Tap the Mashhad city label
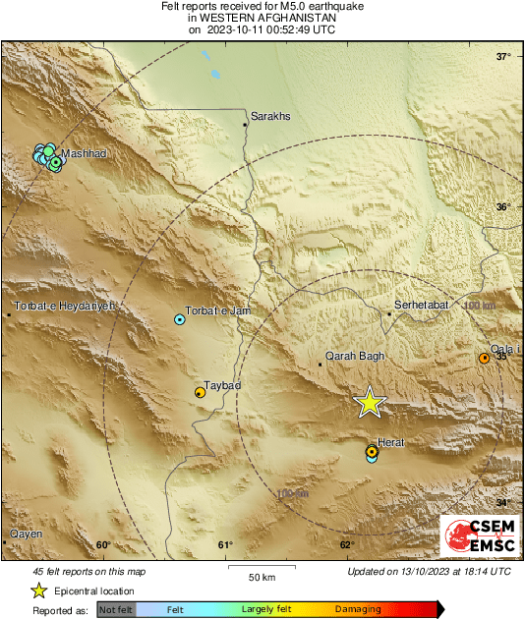pyautogui.click(x=84, y=153)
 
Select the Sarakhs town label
pyautogui.click(x=271, y=116)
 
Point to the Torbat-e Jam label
pyautogui.click(x=219, y=310)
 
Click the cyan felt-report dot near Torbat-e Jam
pyautogui.click(x=179, y=319)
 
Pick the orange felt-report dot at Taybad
pyautogui.click(x=200, y=393)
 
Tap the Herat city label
pyautogui.click(x=390, y=443)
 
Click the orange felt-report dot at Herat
pyautogui.click(x=371, y=452)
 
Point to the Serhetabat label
pyautogui.click(x=421, y=306)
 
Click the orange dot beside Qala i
pyautogui.click(x=484, y=359)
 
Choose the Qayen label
pyautogui.click(x=26, y=534)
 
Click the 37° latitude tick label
pyautogui.click(x=503, y=56)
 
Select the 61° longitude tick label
pyautogui.click(x=225, y=546)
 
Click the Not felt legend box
pyautogui.click(x=115, y=610)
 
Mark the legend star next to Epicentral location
pyautogui.click(x=39, y=591)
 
